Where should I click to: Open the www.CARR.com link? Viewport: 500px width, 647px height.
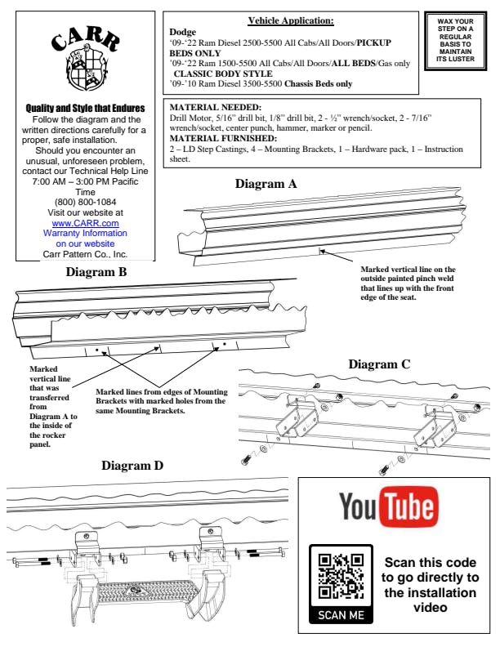coord(86,223)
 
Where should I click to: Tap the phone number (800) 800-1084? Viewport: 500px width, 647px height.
coord(86,203)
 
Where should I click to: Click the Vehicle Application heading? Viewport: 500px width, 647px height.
coord(291,20)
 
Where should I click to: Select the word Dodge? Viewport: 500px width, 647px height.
coord(183,32)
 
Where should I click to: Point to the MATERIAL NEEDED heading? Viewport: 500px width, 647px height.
coord(216,107)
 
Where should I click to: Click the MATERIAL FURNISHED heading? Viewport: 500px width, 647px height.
coord(223,138)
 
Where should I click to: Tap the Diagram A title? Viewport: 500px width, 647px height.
coord(266,184)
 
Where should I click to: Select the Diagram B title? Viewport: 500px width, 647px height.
coord(96,272)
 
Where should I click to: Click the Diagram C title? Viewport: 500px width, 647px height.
coord(380,364)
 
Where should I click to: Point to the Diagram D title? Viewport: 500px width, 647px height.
coord(132,466)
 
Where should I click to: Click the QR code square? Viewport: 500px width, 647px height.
coord(342,577)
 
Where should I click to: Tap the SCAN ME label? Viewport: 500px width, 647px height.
coord(342,615)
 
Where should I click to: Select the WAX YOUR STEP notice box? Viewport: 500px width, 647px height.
coord(455,41)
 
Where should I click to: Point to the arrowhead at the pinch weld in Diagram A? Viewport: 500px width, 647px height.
coord(323,251)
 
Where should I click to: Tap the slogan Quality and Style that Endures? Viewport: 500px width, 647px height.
coord(86,108)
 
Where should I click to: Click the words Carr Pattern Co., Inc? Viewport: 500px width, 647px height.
coord(85,254)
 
